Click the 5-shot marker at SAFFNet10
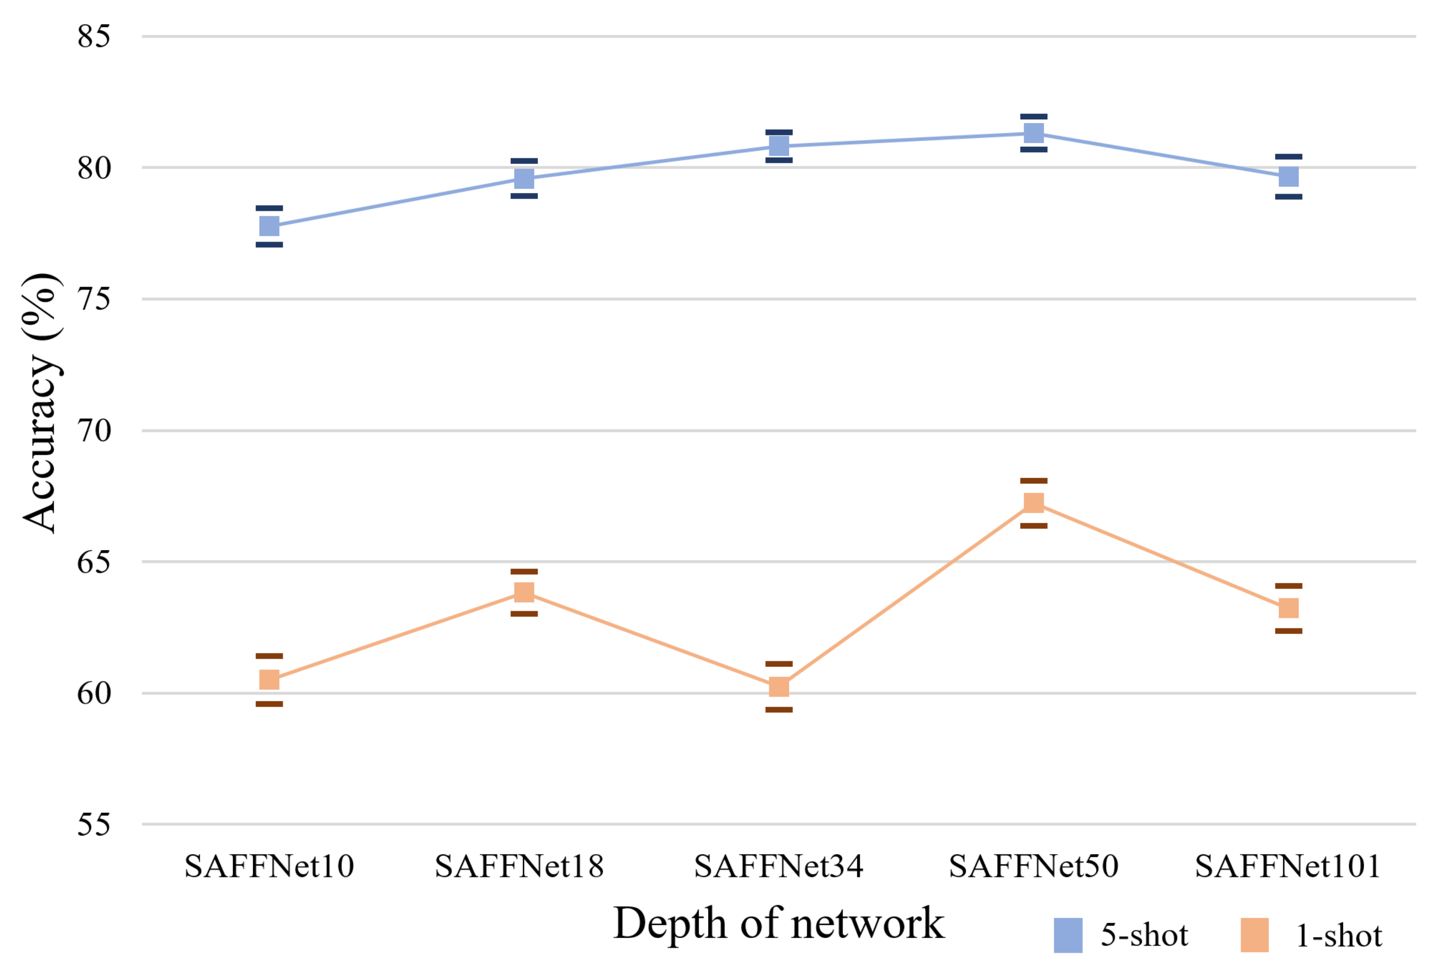[x=269, y=226]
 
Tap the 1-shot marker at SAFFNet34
[x=779, y=686]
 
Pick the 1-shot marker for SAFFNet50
[x=1034, y=502]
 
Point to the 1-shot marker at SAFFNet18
[x=524, y=593]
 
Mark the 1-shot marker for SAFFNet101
[x=1288, y=609]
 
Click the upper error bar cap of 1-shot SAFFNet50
[x=1034, y=480]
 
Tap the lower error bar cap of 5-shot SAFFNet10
[x=269, y=245]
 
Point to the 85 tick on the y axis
[x=94, y=37]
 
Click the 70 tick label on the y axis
[x=94, y=431]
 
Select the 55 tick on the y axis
[x=94, y=825]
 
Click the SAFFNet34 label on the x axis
[x=779, y=867]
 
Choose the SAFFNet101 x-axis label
[x=1288, y=867]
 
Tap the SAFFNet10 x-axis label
[x=269, y=867]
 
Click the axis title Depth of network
[x=779, y=924]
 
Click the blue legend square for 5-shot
[x=1068, y=935]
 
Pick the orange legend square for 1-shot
[x=1254, y=935]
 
